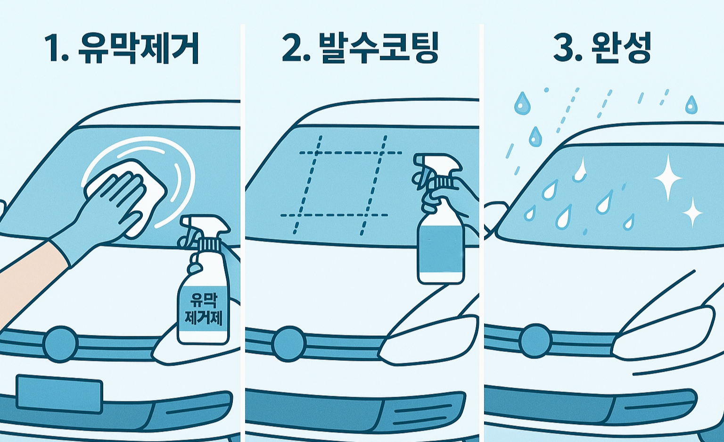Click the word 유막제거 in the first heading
coord(139,48)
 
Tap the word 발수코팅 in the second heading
coord(379,48)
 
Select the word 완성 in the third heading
coord(622,48)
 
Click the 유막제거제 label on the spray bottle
coord(203,309)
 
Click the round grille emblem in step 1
coord(60,344)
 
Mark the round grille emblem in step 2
coord(289,344)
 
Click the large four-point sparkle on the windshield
coord(667,177)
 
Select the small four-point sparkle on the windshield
coord(692,213)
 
